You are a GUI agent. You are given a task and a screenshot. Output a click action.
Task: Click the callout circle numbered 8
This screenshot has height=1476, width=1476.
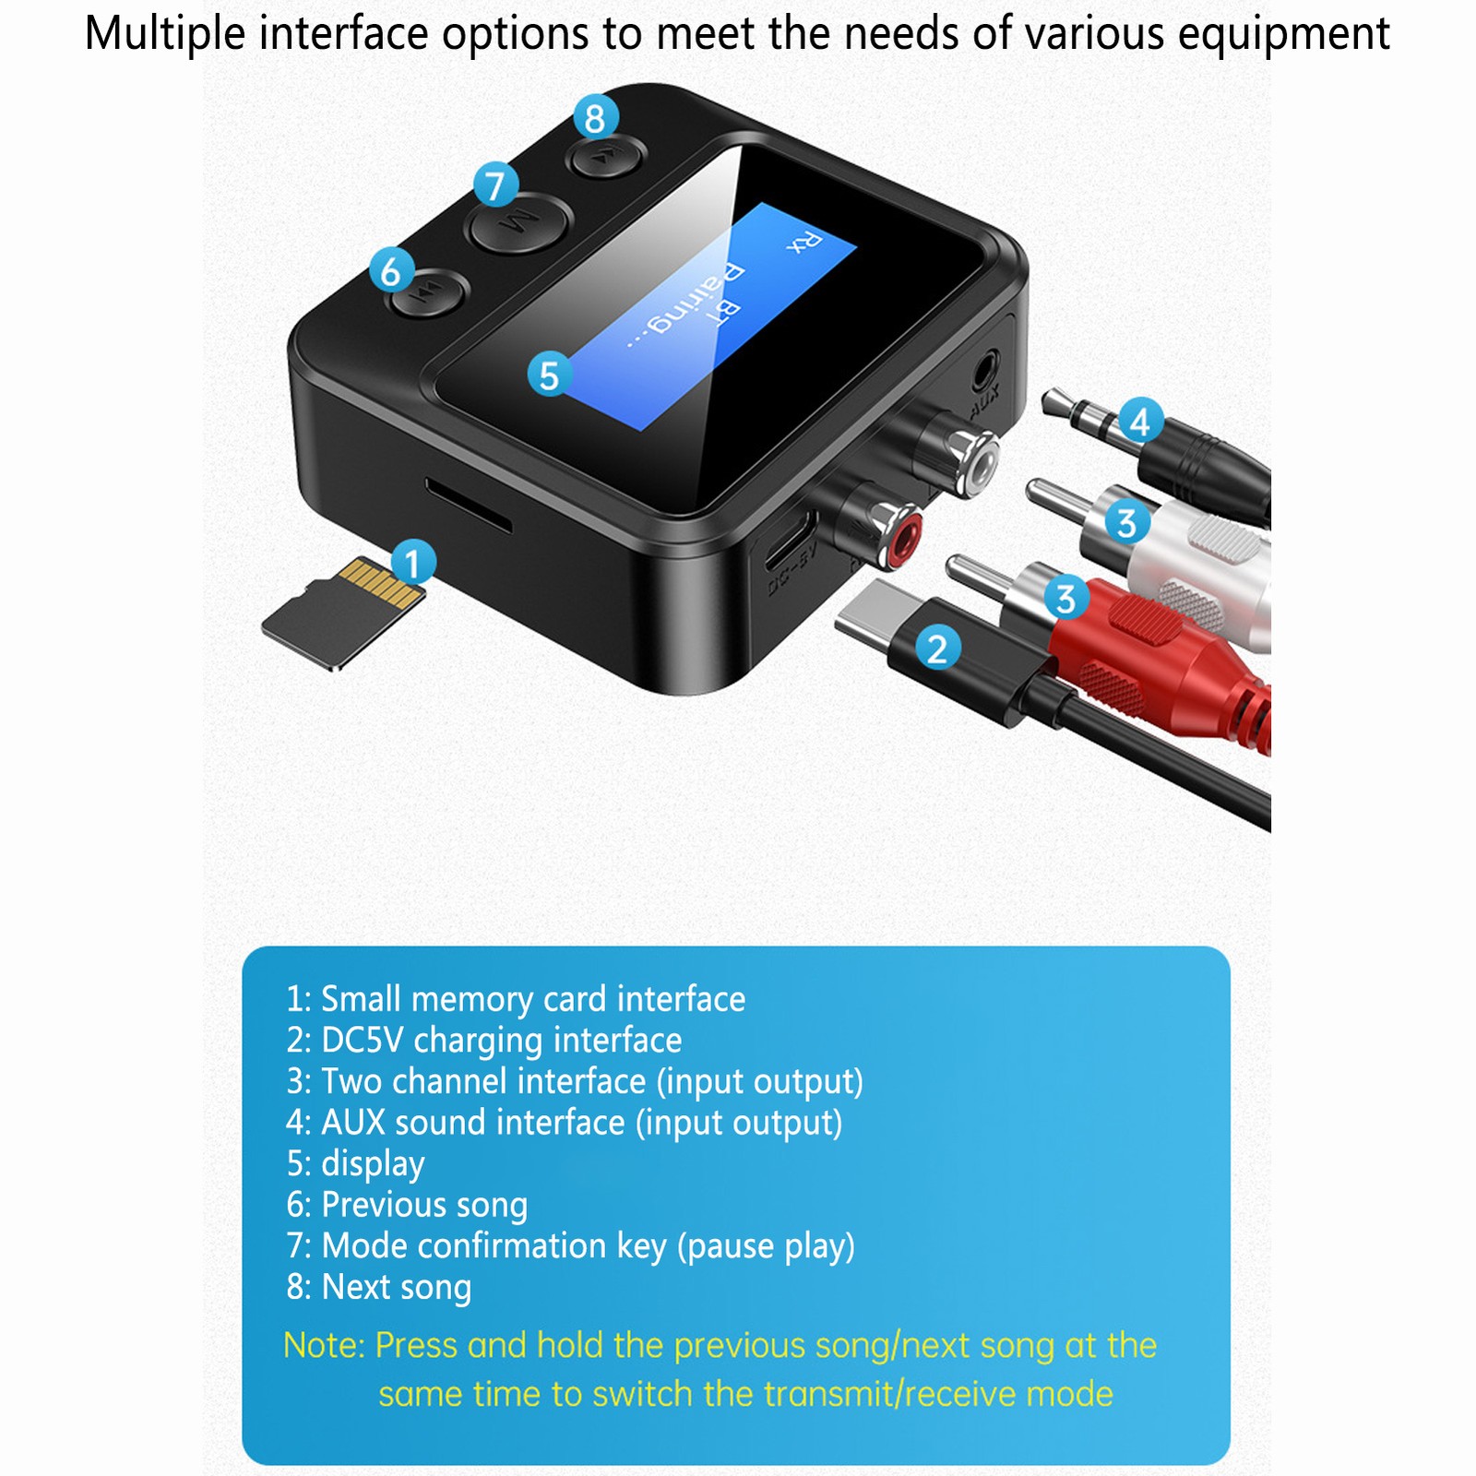pyautogui.click(x=595, y=118)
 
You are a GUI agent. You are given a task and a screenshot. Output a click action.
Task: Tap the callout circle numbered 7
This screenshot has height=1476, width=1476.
pyautogui.click(x=496, y=184)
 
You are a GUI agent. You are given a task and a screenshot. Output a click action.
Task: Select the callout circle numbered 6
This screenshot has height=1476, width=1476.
pyautogui.click(x=391, y=271)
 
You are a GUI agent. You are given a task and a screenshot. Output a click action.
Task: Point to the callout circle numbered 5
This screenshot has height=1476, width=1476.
pyautogui.click(x=550, y=375)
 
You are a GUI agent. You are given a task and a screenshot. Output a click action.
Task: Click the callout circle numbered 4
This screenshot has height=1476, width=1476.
pyautogui.click(x=1140, y=422)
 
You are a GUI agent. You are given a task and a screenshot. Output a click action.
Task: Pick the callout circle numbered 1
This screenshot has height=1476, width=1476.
pyautogui.click(x=412, y=563)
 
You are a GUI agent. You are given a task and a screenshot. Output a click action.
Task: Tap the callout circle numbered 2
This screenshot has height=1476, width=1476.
pyautogui.click(x=937, y=649)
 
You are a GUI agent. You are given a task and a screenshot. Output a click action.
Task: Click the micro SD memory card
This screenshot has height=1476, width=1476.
pyautogui.click(x=343, y=612)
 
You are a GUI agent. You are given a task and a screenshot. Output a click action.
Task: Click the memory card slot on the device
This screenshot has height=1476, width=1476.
pyautogui.click(x=468, y=506)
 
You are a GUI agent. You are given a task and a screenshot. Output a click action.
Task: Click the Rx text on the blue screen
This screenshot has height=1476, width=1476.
pyautogui.click(x=803, y=242)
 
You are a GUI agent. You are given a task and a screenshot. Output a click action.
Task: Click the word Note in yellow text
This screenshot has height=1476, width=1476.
pyautogui.click(x=324, y=1345)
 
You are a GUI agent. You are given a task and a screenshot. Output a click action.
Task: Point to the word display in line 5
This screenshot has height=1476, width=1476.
pyautogui.click(x=373, y=1163)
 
